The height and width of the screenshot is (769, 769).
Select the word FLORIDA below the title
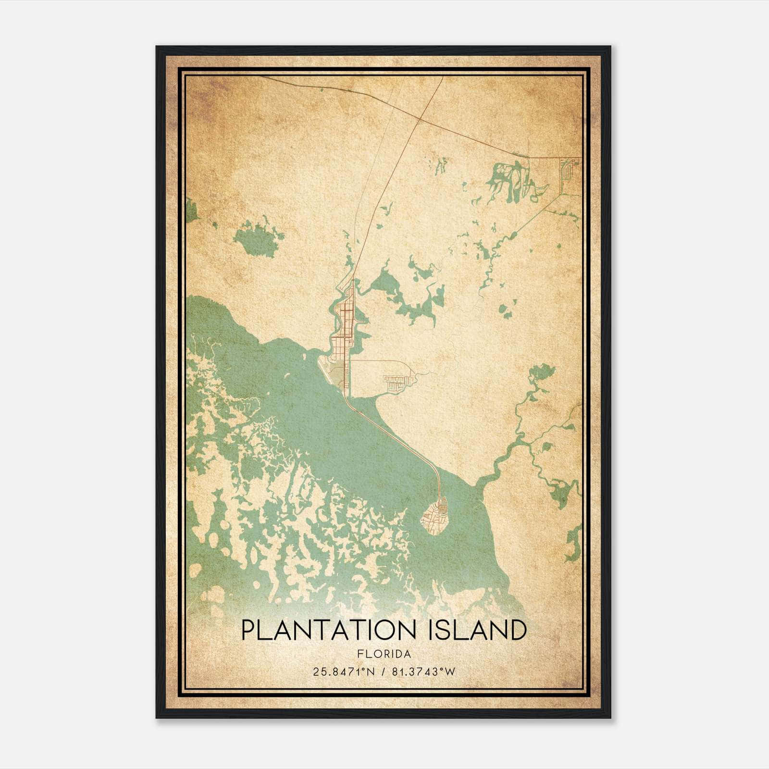coord(384,654)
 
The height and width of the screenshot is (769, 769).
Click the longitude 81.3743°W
coord(423,671)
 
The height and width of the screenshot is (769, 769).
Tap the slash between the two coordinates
coord(383,671)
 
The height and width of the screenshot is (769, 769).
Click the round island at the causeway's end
coord(435,517)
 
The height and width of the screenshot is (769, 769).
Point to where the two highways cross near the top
coord(421,118)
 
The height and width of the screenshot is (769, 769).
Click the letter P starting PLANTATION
coord(248,631)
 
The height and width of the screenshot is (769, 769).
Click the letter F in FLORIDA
coord(360,654)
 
